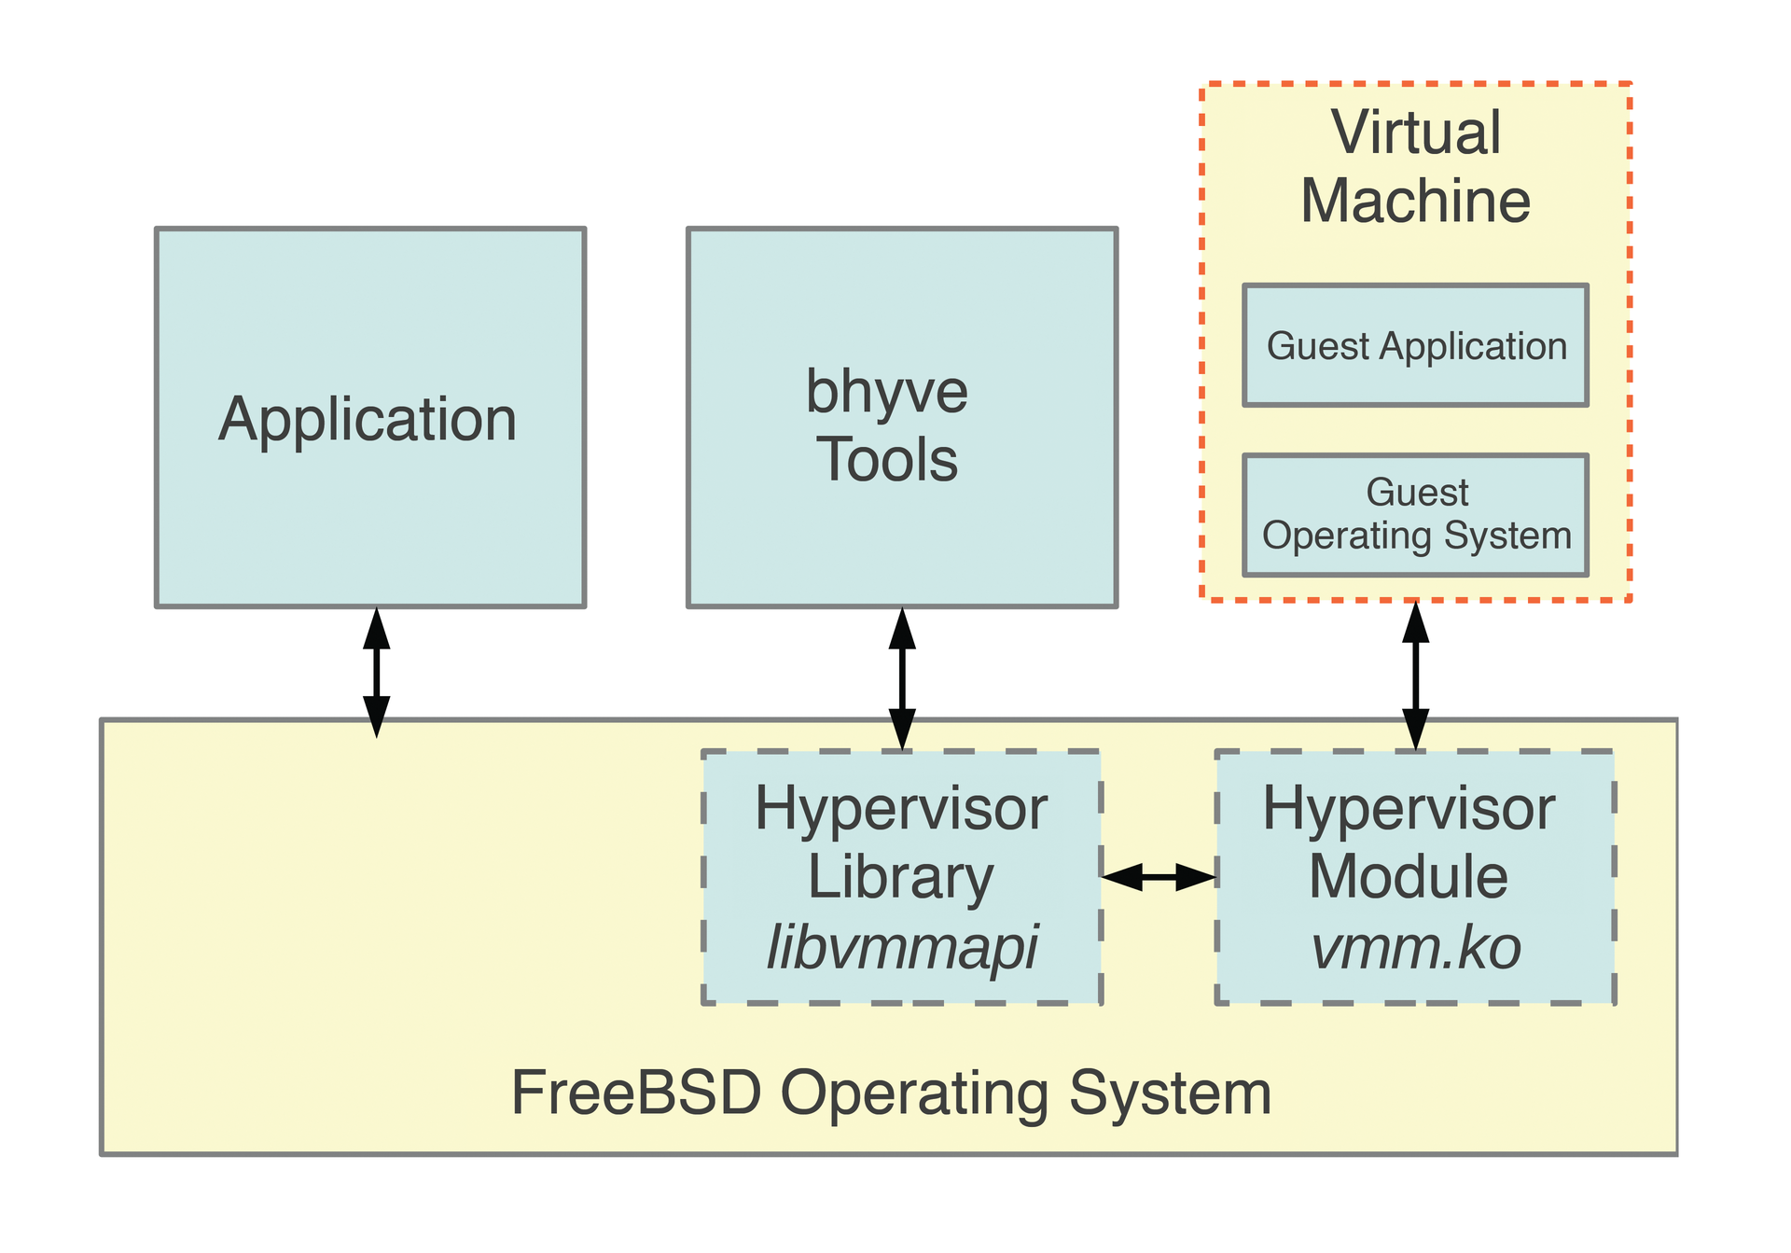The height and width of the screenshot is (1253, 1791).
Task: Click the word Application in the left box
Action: point(368,420)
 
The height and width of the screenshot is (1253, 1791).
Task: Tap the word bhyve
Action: point(886,392)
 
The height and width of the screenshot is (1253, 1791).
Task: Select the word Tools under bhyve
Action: point(887,460)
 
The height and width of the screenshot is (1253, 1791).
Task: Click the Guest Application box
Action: point(1415,346)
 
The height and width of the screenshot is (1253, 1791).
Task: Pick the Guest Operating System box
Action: point(1415,515)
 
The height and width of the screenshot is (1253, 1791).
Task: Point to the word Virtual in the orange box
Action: point(1415,132)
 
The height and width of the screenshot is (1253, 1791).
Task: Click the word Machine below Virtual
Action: point(1415,202)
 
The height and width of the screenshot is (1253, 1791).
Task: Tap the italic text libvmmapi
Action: point(901,948)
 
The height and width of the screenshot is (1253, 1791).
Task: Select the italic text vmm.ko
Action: point(1415,948)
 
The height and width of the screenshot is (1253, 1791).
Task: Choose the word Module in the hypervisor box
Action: point(1408,878)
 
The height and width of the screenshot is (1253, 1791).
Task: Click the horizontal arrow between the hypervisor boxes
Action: point(1159,877)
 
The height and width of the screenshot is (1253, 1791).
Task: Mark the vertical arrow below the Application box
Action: point(376,672)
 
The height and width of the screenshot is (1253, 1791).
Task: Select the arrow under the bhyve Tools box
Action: point(902,679)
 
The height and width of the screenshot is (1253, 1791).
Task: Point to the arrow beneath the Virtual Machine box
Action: point(1415,675)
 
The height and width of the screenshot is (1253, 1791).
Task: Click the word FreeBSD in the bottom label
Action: point(636,1093)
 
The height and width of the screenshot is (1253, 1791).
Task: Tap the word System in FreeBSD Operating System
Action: point(1170,1093)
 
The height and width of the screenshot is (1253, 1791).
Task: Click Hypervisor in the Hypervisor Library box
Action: point(901,809)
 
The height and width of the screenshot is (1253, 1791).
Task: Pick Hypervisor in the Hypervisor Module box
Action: point(1409,809)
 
